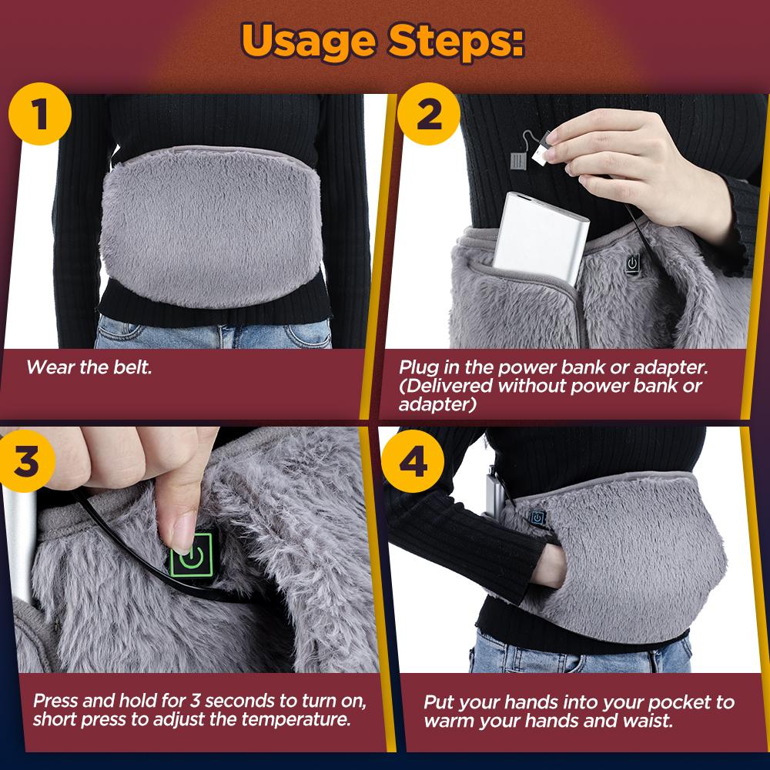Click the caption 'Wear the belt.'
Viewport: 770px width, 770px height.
[x=89, y=367]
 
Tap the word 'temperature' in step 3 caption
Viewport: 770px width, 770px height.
[x=303, y=721]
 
